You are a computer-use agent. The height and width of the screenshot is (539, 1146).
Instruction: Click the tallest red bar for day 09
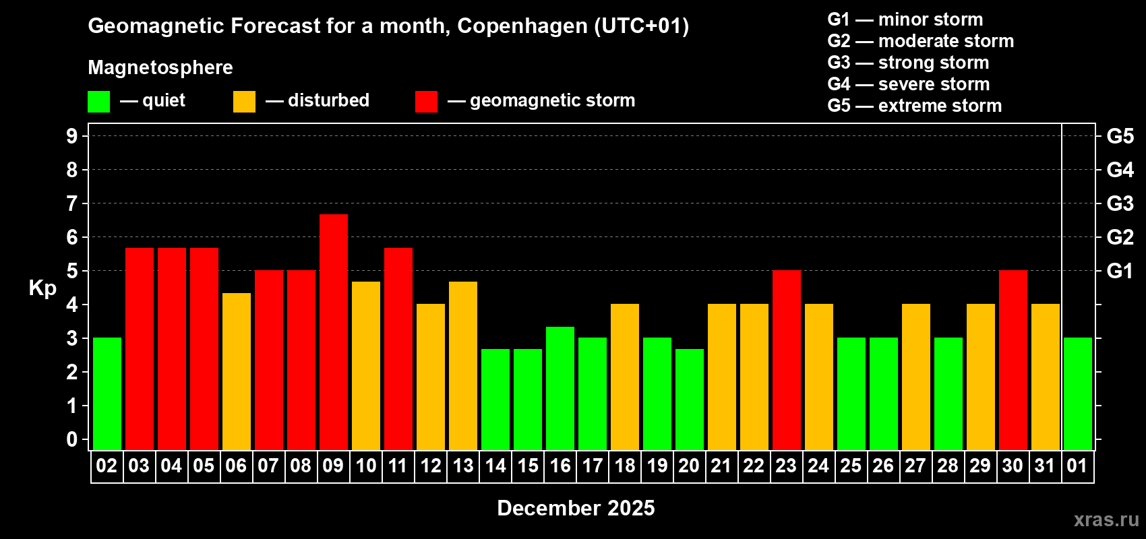(334, 331)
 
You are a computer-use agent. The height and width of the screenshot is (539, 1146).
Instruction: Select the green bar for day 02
(107, 393)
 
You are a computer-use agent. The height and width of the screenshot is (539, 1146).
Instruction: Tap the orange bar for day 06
(237, 371)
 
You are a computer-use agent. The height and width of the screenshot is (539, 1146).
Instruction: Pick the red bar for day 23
(787, 360)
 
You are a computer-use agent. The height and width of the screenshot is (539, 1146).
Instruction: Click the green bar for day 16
(560, 388)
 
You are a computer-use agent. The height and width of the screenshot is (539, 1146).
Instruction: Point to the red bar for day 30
(1013, 360)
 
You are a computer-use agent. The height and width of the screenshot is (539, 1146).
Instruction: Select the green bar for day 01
(1078, 393)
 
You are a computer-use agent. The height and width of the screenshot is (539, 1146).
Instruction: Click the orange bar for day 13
(463, 365)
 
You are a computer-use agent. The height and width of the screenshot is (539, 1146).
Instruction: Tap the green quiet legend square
(99, 102)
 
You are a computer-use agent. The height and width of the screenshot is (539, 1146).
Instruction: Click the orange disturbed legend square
(244, 102)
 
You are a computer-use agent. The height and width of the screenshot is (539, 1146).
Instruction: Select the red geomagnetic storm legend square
(426, 102)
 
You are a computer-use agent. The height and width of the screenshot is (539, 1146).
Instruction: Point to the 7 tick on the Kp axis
(72, 203)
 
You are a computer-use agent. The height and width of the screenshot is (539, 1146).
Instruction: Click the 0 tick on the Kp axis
(72, 440)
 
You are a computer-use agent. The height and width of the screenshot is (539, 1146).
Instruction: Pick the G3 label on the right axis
(1120, 203)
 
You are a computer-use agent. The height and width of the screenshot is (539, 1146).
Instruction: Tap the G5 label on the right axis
(1120, 136)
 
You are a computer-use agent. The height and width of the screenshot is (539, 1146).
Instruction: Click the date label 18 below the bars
(625, 466)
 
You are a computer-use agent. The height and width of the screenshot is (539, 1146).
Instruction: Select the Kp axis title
(42, 288)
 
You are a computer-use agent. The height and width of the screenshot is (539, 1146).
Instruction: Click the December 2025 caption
(576, 508)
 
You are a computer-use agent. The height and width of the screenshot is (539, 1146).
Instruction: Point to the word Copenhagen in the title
(522, 26)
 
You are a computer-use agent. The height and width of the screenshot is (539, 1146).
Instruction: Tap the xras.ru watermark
(1106, 519)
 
